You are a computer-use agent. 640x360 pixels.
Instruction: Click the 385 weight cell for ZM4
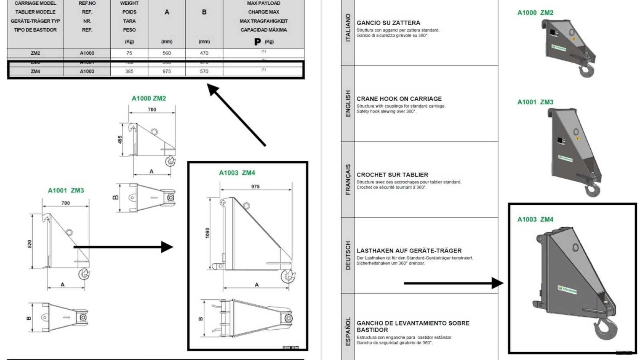129,71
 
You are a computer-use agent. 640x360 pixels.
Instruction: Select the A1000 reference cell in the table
87,53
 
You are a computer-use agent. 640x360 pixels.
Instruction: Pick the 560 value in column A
167,53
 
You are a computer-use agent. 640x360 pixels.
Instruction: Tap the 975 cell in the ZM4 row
167,71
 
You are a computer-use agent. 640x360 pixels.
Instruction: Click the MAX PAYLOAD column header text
264,3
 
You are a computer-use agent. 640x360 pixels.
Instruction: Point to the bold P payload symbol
258,42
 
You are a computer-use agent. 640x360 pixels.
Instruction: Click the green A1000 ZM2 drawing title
149,98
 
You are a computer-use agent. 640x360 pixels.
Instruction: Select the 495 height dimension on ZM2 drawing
120,140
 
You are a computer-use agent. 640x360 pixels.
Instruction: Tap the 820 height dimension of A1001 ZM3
30,244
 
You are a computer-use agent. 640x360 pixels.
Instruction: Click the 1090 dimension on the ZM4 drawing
207,233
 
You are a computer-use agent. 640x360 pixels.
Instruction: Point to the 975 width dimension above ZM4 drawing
255,186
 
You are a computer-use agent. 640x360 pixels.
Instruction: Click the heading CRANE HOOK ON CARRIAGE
399,99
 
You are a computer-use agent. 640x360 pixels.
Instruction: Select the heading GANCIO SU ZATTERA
388,23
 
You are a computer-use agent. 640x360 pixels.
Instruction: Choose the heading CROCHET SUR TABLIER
392,175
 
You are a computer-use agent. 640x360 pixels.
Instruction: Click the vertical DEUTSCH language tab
348,255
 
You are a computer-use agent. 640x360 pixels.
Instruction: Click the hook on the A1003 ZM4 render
605,328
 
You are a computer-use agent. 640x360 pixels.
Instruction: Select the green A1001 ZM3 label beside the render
535,102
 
